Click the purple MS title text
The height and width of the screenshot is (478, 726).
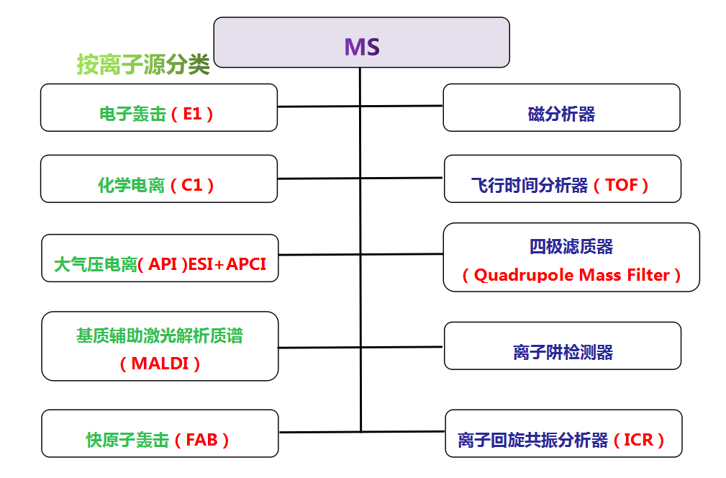click(362, 47)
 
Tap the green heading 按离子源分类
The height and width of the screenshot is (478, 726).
click(143, 64)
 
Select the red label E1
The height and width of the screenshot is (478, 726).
click(193, 114)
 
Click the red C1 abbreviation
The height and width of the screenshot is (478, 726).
click(192, 185)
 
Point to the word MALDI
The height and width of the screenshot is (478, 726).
click(160, 364)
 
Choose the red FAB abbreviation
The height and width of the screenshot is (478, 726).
click(201, 440)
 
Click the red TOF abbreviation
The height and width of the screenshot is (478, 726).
click(622, 185)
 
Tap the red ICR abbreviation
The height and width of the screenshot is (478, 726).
click(638, 440)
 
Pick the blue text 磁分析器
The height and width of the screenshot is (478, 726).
click(562, 114)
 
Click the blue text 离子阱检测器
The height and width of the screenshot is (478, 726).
click(563, 352)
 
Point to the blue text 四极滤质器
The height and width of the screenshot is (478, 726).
click(571, 246)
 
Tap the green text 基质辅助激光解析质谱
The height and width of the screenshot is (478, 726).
click(160, 335)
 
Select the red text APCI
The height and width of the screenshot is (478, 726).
click(246, 264)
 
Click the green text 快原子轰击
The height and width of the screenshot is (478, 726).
click(128, 440)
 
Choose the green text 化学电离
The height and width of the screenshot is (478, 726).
click(132, 185)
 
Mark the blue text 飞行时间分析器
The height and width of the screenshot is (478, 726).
click(530, 185)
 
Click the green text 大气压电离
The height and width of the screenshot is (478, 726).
click(96, 264)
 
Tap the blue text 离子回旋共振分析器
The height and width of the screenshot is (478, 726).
click(532, 440)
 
